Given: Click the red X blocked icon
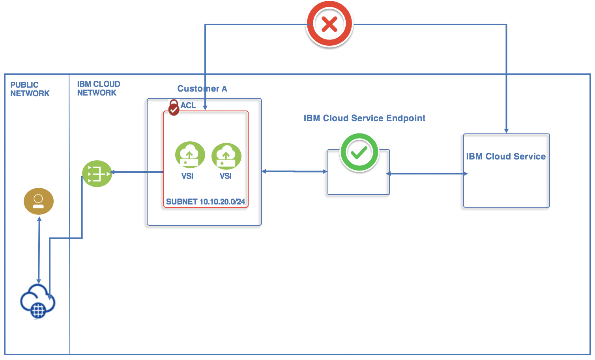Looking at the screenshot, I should pos(329,24).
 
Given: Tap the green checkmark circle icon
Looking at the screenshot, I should pos(359,152).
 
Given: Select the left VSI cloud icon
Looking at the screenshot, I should pos(190,155).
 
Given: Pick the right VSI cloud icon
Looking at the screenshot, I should pos(226,156).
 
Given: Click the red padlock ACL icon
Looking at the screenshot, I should pos(174,107).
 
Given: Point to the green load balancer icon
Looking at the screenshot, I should pos(97,174).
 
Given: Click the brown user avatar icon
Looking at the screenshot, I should pos(38,201).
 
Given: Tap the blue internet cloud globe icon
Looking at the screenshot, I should pos(37,302).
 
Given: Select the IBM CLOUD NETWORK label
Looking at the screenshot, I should pos(98,88).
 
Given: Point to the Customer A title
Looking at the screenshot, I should pos(202,88).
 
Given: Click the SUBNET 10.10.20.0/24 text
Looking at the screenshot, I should pos(206,202).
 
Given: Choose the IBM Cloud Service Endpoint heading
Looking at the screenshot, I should pos(364,118).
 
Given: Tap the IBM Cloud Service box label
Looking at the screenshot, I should pos(506,156).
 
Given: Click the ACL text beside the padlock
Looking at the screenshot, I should pos(188,105).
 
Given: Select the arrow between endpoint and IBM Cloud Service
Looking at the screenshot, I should pos(427,174).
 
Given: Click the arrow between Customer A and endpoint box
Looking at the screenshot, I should pos(294,171).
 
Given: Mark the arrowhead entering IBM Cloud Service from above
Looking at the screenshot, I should pos(506,131).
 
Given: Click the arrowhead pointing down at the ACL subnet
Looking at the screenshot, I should pos(205,107).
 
